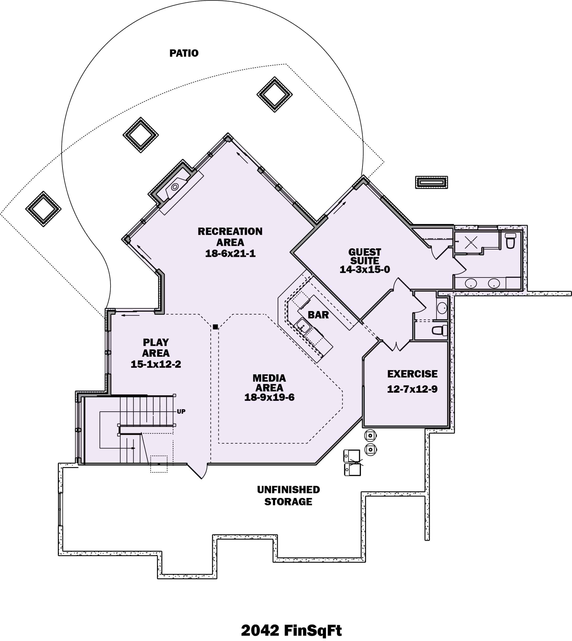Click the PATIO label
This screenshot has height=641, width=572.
point(184,53)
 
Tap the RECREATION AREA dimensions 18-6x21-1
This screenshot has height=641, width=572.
point(230,253)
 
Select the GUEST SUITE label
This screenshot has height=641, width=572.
point(365,256)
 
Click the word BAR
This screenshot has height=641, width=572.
point(318,314)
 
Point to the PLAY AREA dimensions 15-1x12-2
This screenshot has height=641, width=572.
point(156,364)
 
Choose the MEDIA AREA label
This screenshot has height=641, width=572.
point(269,382)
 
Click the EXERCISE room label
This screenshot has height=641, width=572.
point(412,374)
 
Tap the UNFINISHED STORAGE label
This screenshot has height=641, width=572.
point(288,496)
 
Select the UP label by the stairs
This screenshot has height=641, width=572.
point(181,411)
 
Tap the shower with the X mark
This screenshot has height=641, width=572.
point(471,242)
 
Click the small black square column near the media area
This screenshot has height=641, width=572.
point(215,327)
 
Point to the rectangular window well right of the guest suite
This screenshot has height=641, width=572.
point(432,182)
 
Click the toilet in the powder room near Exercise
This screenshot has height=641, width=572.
point(440,330)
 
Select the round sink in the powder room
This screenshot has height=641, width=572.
point(442,308)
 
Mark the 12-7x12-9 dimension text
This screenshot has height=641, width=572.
point(412,389)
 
